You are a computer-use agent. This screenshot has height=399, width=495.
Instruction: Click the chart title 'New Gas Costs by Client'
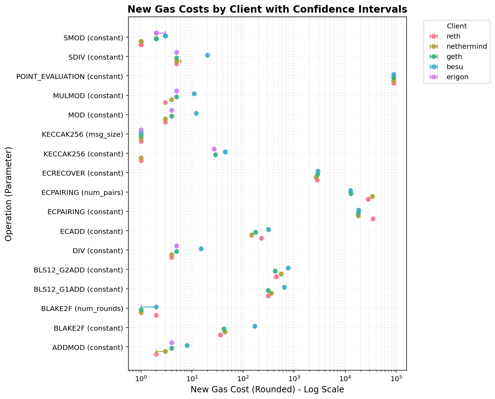pos(267,9)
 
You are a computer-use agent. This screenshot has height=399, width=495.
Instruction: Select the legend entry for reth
pos(451,36)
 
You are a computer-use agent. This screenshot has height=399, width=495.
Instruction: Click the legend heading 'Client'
pos(456,26)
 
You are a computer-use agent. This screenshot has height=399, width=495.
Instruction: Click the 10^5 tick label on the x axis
pos(396,379)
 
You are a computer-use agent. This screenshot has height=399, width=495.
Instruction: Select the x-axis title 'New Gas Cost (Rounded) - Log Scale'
pos(267,390)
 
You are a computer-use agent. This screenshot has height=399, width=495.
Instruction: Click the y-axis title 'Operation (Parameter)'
pos(9,194)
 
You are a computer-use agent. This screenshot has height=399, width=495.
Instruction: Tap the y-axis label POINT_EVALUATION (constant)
pos(70,76)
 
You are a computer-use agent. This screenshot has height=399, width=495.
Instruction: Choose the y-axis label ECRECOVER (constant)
pos(82,173)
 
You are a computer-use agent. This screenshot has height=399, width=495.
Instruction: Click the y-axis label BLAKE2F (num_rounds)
pos(82,309)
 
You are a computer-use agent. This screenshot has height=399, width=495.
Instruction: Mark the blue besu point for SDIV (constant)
pos(207,55)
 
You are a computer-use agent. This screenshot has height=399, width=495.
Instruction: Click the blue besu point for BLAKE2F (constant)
pos(255,326)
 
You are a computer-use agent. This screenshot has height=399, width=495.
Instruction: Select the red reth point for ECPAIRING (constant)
pos(373,219)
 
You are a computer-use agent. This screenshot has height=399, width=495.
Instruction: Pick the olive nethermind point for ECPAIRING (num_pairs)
pos(372,196)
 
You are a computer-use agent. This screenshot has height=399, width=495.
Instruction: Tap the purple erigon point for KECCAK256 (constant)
pos(214,149)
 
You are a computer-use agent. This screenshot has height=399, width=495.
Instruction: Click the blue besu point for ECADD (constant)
pos(268,229)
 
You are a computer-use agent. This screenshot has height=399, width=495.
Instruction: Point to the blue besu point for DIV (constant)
pos(201,249)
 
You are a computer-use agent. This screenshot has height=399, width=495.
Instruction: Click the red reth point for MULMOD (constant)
pos(165,102)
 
